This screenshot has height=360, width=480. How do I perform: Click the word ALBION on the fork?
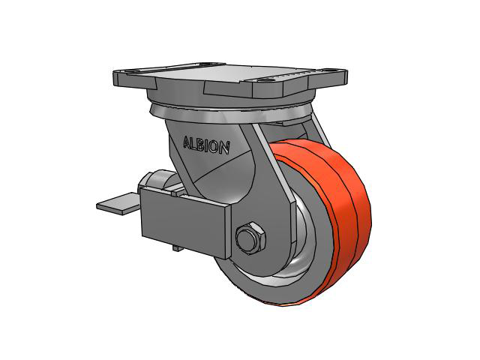tap(206, 145)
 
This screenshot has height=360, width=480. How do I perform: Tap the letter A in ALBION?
tap(187, 142)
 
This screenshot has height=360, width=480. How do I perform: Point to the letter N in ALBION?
tap(224, 148)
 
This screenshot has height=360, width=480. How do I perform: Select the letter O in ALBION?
tap(215, 147)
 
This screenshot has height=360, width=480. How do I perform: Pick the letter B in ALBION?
tap(201, 145)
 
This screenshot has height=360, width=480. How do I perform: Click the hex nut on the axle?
tap(250, 237)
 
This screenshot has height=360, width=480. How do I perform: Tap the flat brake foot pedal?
tap(118, 203)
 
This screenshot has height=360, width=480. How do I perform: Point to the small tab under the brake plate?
tap(178, 248)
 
